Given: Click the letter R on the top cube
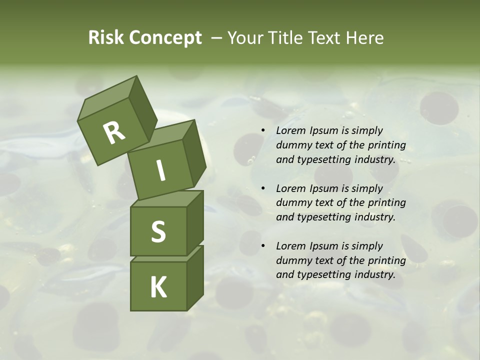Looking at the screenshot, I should [114, 132].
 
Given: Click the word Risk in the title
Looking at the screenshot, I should [106, 38].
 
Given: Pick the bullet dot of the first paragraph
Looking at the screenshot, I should [263, 131].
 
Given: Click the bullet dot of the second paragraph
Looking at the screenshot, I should [263, 188].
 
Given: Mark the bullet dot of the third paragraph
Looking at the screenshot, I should [263, 246].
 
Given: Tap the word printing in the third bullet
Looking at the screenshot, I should [386, 260].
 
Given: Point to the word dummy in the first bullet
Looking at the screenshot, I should [293, 145].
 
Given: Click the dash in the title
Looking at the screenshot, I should [217, 38].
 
